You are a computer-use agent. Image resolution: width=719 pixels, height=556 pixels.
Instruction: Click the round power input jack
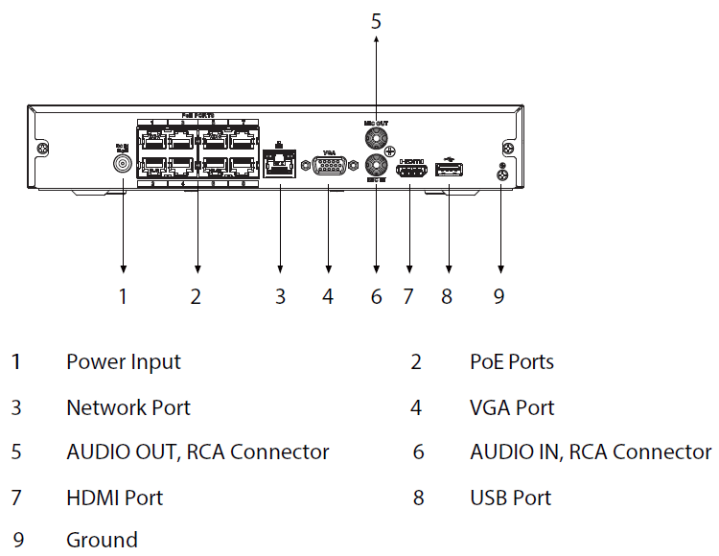pos(123,163)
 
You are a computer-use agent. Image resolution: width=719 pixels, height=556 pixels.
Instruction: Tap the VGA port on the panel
pos(329,167)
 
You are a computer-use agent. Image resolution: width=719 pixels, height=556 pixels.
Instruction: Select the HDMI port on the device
pos(410,171)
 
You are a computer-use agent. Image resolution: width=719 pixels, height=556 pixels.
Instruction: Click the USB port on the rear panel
pos(449,170)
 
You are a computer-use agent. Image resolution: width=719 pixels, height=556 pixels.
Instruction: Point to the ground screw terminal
pos(500,172)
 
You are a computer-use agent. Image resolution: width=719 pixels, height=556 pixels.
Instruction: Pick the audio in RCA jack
pos(376,166)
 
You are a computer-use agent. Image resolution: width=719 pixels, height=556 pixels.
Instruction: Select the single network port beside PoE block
pos(279,164)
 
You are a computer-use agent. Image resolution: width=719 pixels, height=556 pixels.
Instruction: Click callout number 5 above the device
pos(376,20)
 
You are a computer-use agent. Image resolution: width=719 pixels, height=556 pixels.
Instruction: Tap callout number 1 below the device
pos(123,296)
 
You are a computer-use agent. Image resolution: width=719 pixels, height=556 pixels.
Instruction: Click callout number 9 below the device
pos(499,296)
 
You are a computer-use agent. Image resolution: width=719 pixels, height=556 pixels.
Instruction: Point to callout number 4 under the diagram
pos(328,296)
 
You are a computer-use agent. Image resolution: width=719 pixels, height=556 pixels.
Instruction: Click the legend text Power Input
pos(123,362)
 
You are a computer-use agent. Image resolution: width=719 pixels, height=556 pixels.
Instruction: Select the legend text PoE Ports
pos(511,362)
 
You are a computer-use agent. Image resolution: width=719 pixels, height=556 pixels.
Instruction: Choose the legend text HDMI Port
pos(114,498)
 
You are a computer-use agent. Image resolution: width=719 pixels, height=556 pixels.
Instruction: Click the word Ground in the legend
pos(102,540)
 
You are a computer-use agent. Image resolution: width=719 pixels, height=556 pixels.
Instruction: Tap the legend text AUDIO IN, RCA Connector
pos(591,452)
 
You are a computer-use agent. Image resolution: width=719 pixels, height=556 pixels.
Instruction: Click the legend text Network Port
pos(128,407)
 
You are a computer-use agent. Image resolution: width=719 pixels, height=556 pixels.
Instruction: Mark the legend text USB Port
pos(510,498)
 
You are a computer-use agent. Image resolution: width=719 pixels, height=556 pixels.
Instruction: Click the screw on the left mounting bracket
pos(42,150)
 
